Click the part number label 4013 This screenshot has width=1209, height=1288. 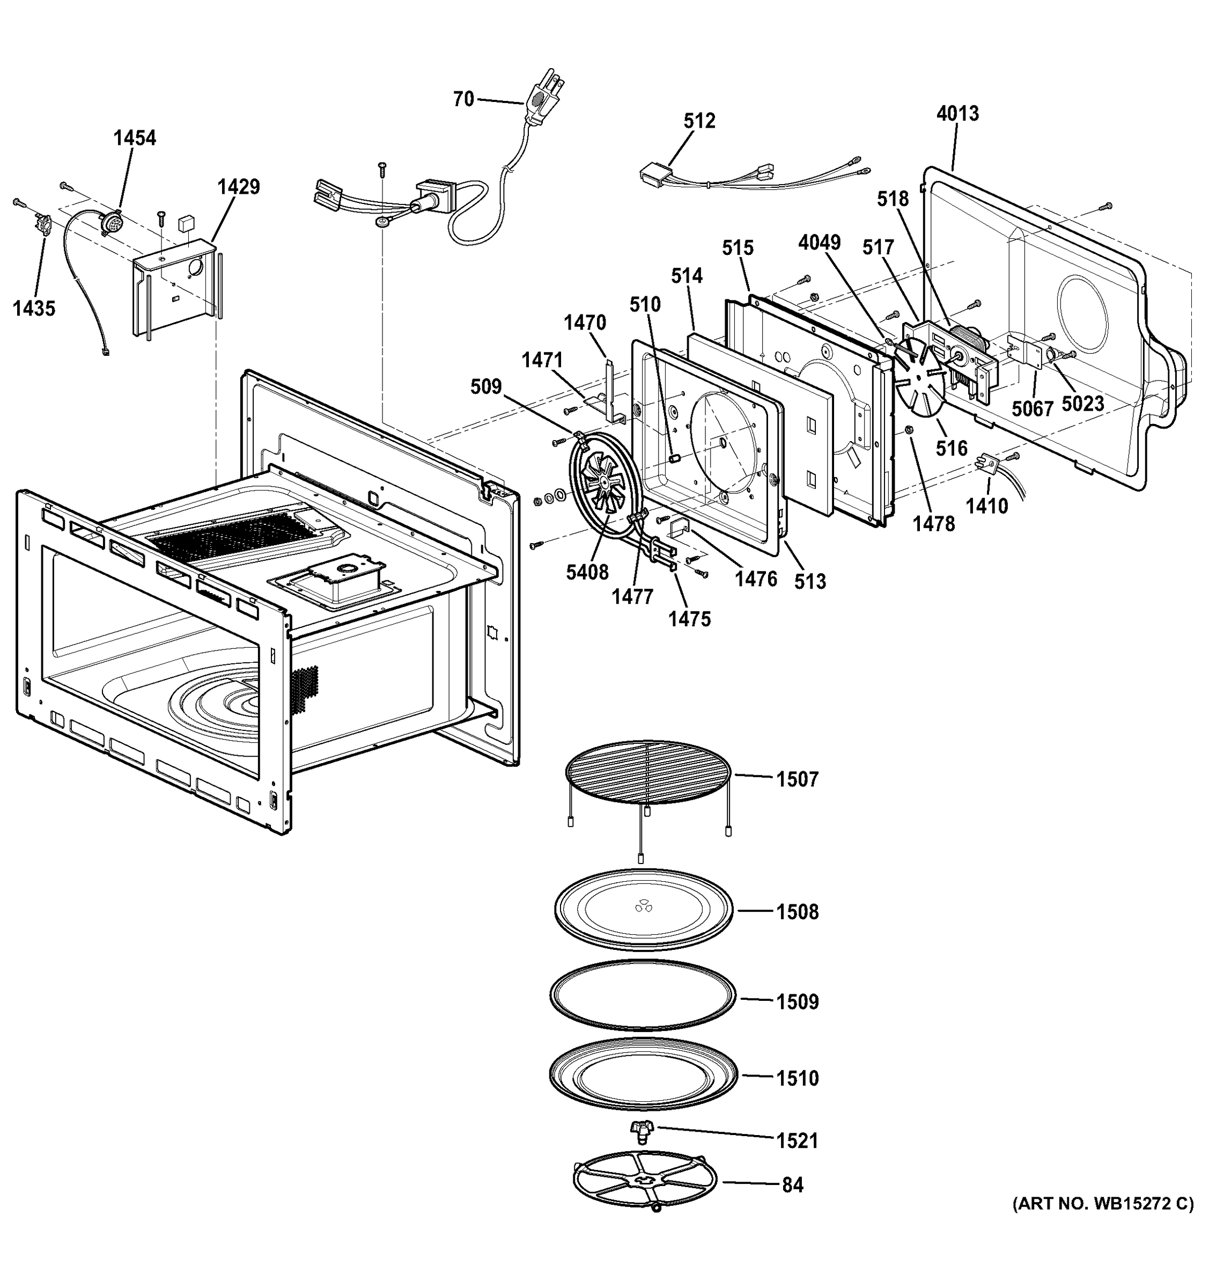tap(957, 114)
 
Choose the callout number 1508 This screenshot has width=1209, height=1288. tap(797, 912)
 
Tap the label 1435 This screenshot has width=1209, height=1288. tap(34, 309)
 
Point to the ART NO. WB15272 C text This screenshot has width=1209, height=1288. tap(1102, 1204)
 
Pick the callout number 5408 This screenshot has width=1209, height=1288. tap(587, 572)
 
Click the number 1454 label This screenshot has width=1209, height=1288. tap(135, 138)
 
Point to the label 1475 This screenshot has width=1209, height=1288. tap(690, 619)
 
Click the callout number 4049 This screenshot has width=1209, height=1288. tap(819, 243)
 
